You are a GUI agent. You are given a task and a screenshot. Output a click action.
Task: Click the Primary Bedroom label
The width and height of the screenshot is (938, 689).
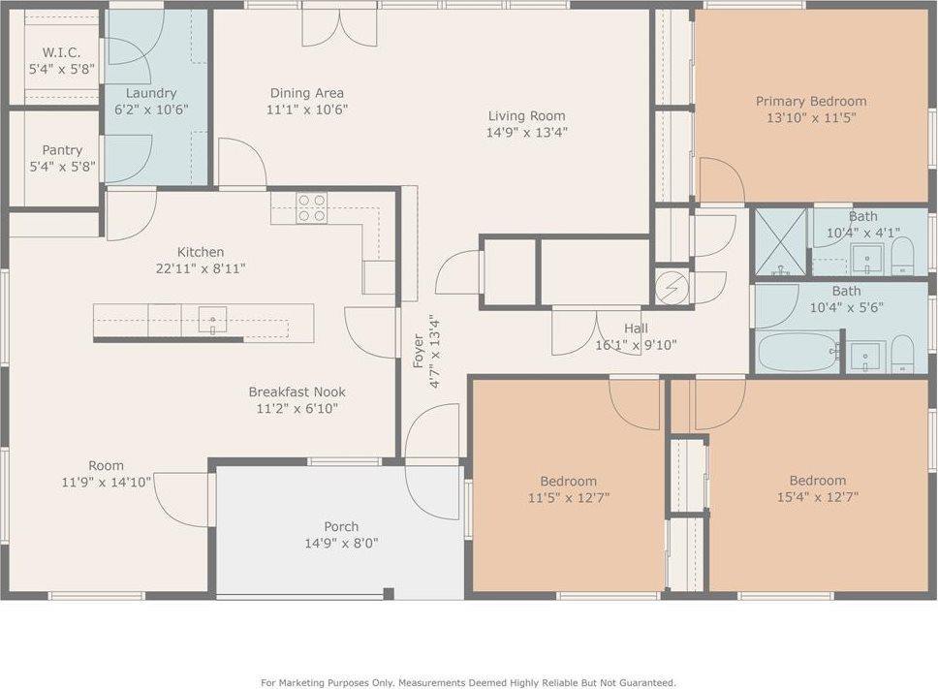(x=811, y=101)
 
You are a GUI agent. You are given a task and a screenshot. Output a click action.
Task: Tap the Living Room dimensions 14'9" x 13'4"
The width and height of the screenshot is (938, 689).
(x=526, y=132)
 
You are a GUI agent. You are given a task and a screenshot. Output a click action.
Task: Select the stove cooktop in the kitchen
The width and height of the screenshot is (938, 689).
(x=312, y=207)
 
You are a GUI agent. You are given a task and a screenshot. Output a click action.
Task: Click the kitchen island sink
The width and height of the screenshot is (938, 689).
(x=212, y=320)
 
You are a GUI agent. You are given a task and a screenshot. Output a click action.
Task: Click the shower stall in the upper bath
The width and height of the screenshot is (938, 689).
(x=780, y=241)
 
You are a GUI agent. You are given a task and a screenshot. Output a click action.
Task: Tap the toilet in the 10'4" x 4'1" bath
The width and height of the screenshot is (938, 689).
(x=902, y=257)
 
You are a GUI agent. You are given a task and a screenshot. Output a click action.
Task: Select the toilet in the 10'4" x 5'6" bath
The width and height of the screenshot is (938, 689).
(x=902, y=354)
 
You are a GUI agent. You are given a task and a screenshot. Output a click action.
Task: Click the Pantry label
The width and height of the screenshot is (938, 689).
(x=62, y=150)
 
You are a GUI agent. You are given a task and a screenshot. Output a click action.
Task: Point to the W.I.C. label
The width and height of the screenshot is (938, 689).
(x=62, y=52)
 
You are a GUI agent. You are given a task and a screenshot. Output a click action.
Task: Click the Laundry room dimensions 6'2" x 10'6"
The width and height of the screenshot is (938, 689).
(x=151, y=110)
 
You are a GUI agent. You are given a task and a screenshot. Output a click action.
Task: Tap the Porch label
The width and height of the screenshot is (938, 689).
(x=341, y=526)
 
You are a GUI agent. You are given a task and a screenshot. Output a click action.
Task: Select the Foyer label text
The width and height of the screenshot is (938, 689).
(x=419, y=351)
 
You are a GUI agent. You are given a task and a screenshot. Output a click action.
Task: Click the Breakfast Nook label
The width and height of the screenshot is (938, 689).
(x=297, y=391)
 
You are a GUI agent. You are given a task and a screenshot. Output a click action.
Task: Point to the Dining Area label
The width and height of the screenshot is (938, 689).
(x=307, y=93)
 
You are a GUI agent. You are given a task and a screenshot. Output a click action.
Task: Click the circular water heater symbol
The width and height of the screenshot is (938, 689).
(x=672, y=288)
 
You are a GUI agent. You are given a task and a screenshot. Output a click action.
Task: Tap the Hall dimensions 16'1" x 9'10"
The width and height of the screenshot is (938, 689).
(x=636, y=345)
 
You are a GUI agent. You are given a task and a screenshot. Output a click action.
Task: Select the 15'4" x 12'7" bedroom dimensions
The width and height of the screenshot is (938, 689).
(x=817, y=496)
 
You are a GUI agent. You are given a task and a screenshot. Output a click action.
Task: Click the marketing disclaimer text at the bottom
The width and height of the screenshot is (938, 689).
(x=468, y=682)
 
